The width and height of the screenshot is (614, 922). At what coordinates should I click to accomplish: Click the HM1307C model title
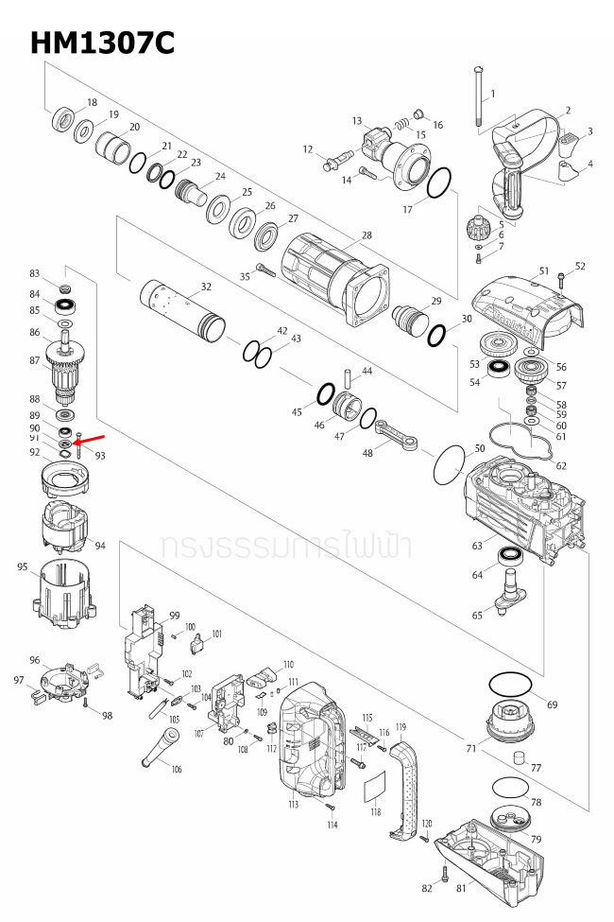[x=102, y=43]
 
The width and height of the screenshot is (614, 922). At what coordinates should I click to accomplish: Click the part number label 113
[x=293, y=805]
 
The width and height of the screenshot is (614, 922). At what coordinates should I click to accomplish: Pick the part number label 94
[x=100, y=546]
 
